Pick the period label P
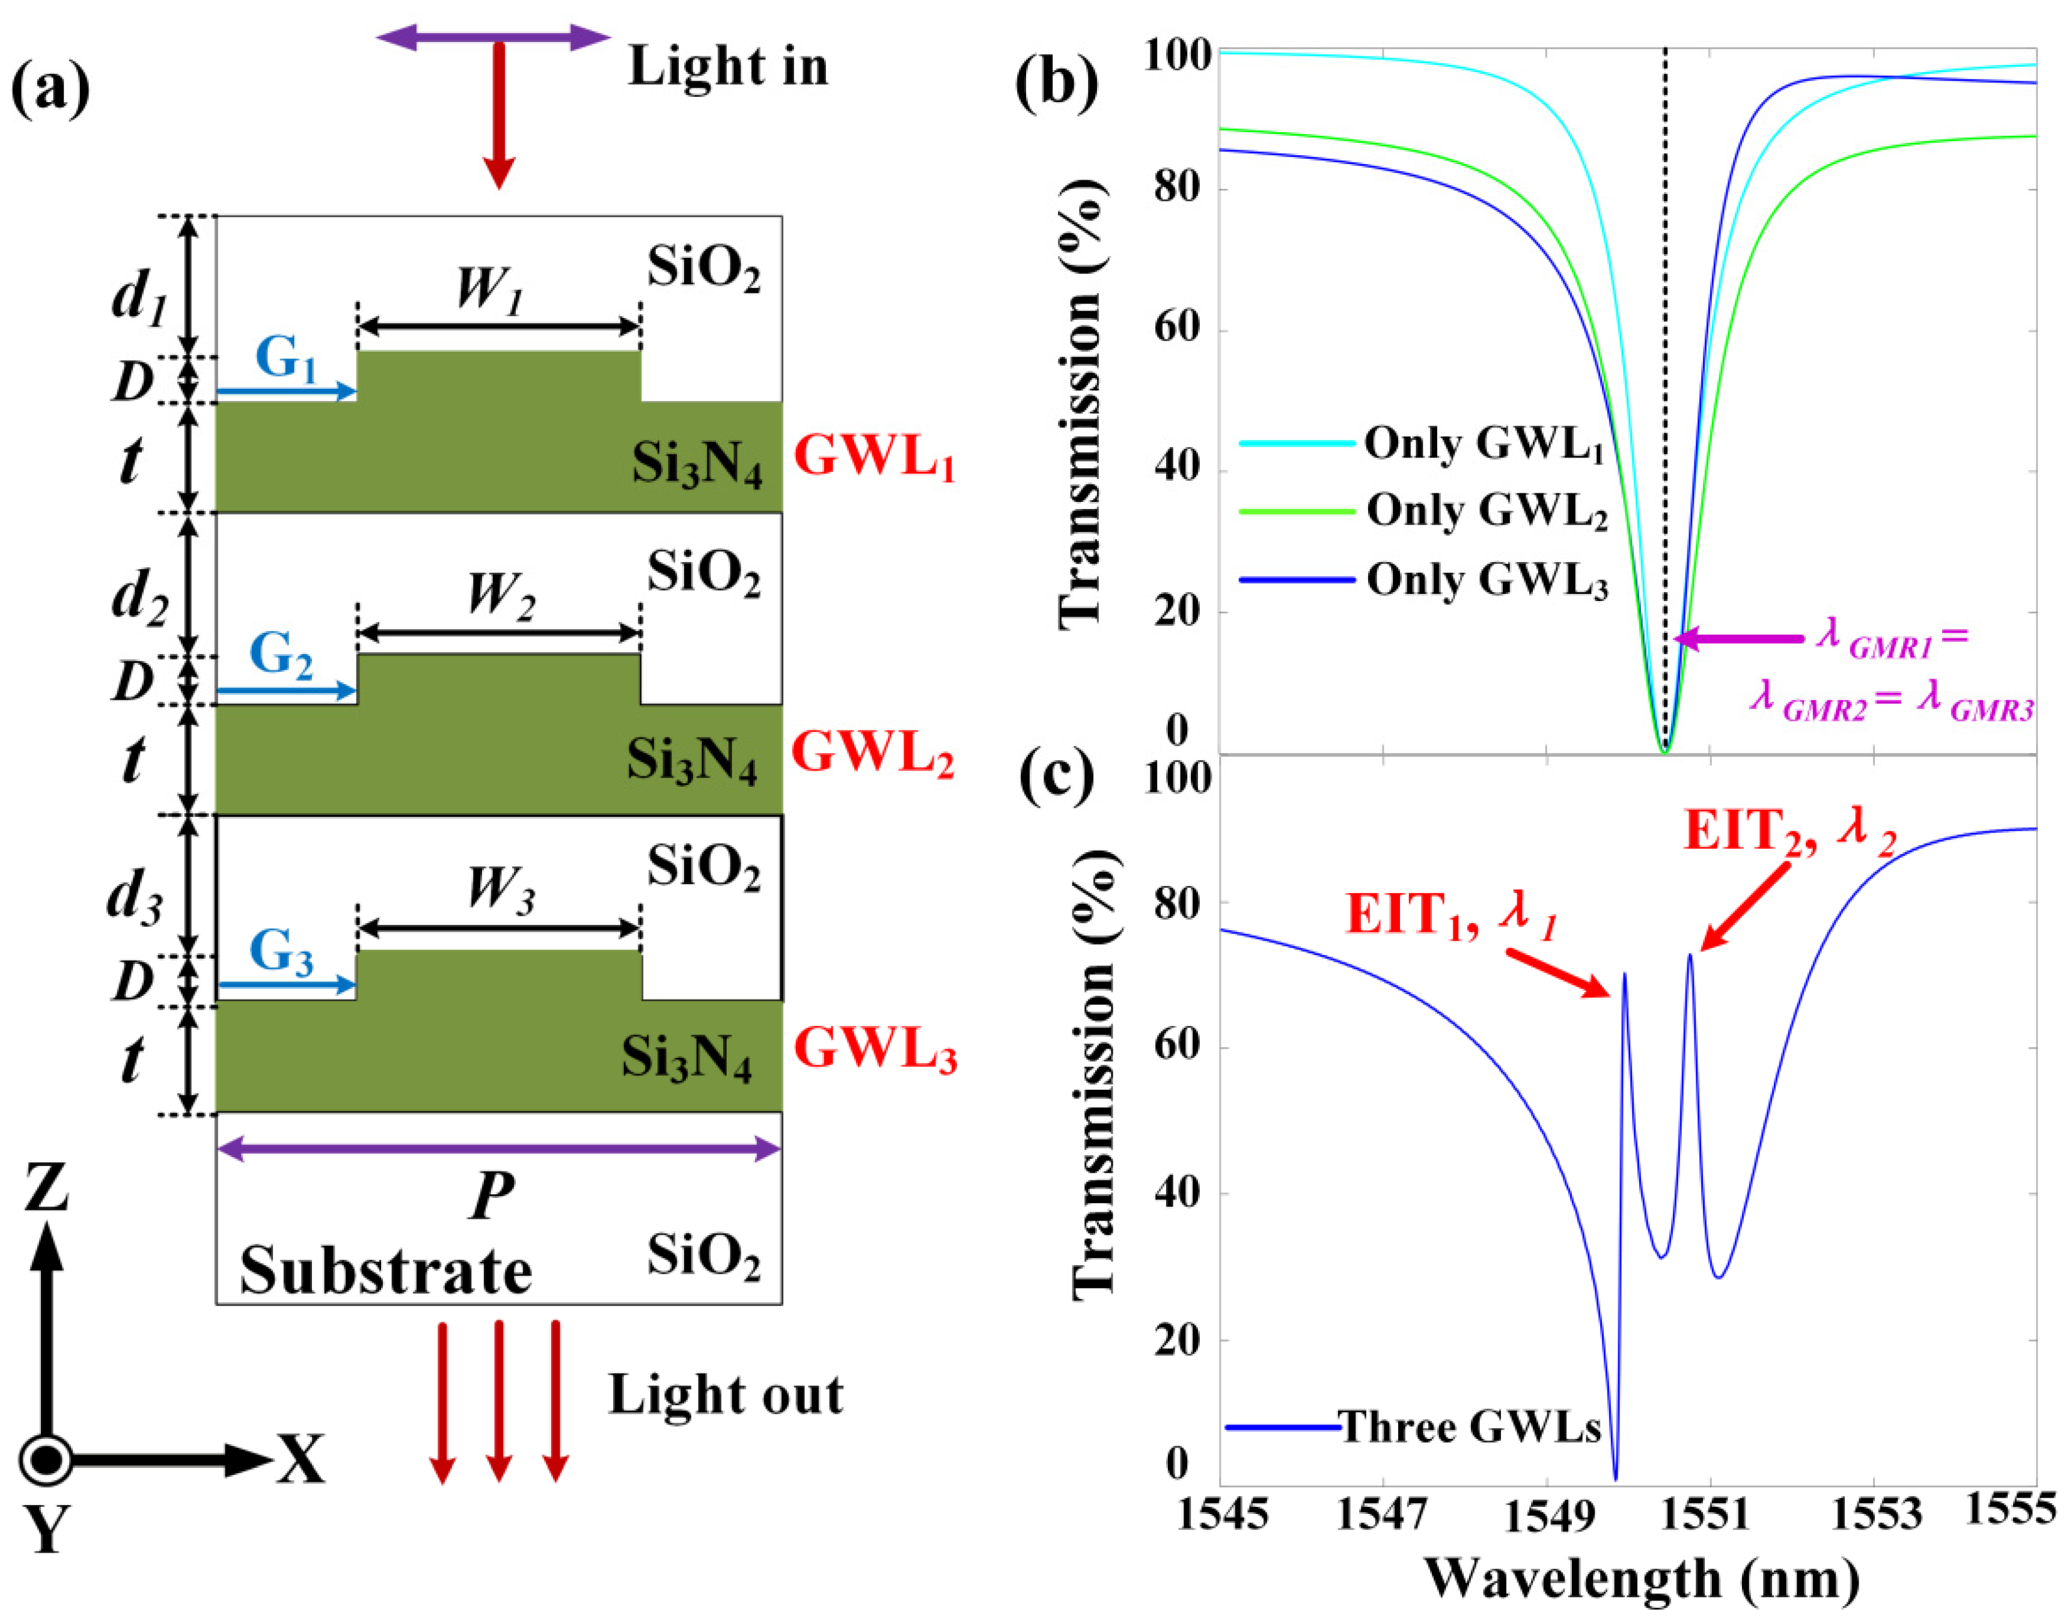point(492,1197)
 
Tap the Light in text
point(727,67)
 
